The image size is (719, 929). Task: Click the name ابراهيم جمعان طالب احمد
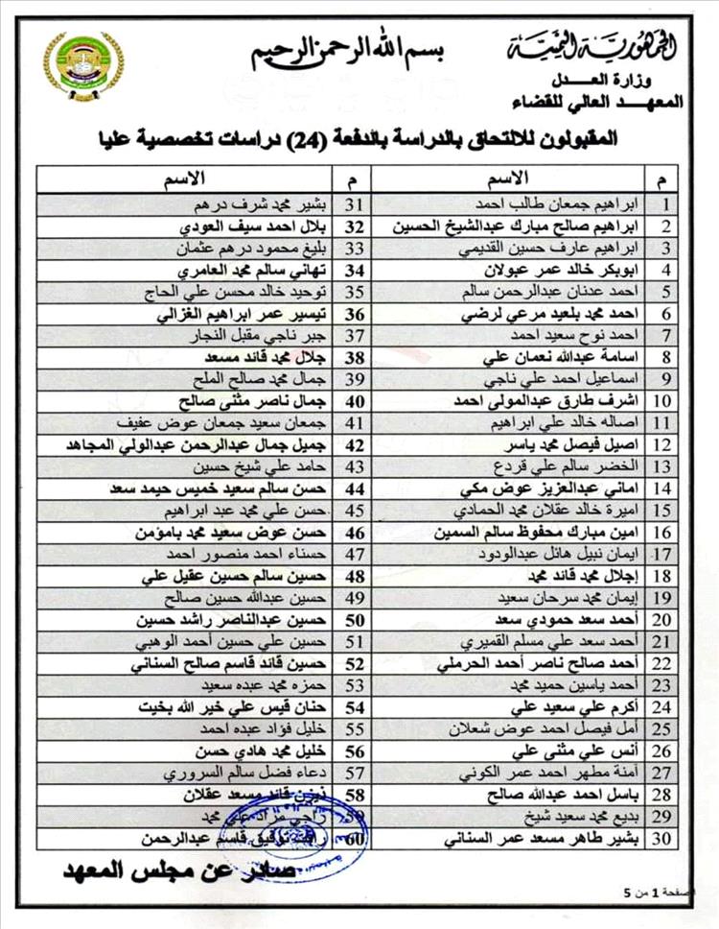click(x=569, y=204)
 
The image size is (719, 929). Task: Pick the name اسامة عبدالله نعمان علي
click(x=564, y=357)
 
